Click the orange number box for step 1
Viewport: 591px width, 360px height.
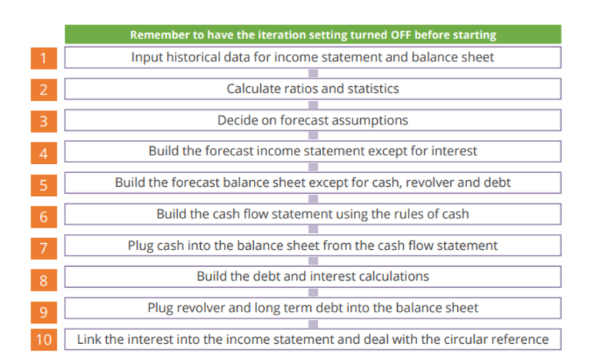(x=44, y=58)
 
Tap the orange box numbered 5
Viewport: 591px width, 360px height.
(x=44, y=184)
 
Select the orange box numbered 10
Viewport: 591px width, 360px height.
(x=44, y=339)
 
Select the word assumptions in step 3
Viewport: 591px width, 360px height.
(x=367, y=120)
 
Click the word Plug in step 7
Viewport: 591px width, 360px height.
(x=141, y=245)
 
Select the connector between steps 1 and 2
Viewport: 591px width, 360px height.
(x=312, y=73)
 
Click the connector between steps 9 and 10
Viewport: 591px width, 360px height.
(x=312, y=323)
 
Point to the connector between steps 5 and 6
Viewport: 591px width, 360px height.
(x=312, y=198)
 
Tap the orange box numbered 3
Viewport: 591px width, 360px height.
(x=44, y=121)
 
